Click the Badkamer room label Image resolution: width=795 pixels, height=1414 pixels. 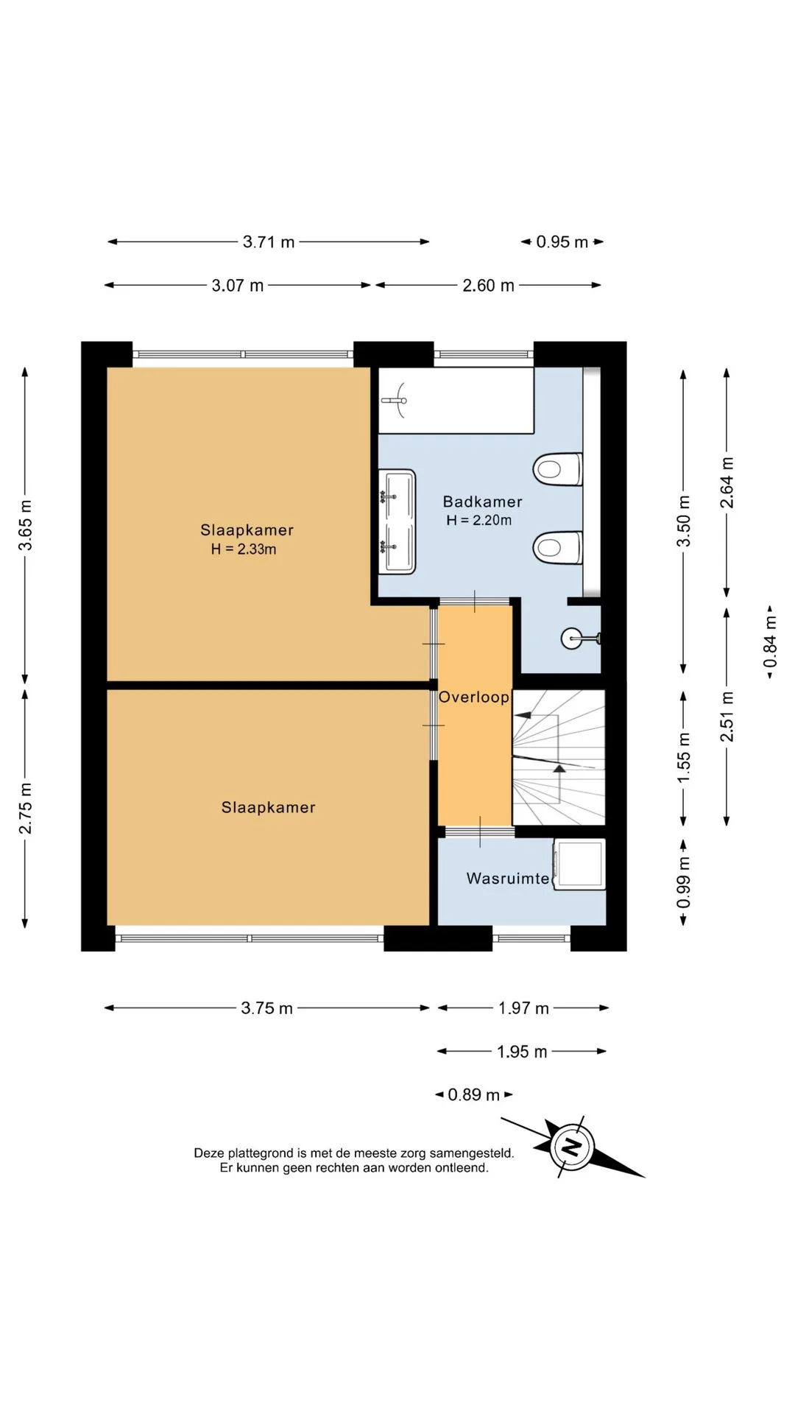click(x=482, y=502)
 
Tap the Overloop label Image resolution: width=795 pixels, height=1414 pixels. click(x=474, y=697)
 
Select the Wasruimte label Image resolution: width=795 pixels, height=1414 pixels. click(x=508, y=879)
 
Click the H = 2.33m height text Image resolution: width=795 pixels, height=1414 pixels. click(x=244, y=549)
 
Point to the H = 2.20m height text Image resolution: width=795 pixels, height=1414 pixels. click(x=478, y=520)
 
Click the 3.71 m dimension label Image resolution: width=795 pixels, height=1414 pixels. click(x=269, y=242)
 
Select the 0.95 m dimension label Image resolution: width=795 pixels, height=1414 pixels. click(x=562, y=242)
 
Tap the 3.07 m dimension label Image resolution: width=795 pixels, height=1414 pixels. click(x=238, y=285)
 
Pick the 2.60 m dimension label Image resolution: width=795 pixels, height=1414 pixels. click(x=488, y=285)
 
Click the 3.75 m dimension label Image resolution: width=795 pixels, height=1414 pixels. click(x=266, y=1007)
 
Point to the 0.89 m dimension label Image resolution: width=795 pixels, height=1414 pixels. click(x=473, y=1094)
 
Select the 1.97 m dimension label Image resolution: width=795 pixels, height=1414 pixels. click(x=523, y=1007)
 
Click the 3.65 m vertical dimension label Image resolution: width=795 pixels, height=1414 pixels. click(x=26, y=525)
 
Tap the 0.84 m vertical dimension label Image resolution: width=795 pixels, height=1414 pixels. click(x=770, y=642)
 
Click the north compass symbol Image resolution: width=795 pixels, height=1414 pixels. click(x=571, y=1147)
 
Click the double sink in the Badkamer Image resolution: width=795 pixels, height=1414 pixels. click(x=397, y=521)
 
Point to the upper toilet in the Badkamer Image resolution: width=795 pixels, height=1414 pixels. click(x=557, y=469)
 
